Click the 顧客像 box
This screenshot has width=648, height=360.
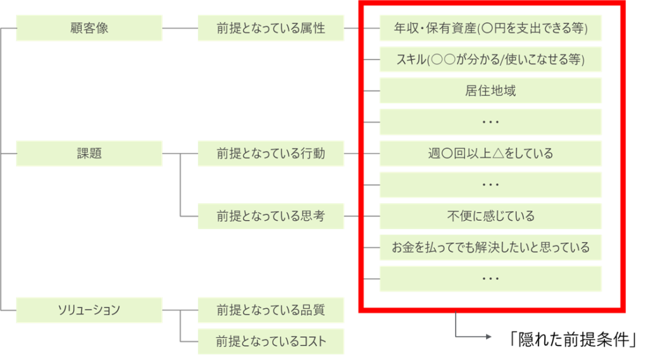click(x=89, y=28)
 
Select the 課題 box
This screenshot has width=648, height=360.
click(x=89, y=153)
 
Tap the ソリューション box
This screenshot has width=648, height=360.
click(x=89, y=310)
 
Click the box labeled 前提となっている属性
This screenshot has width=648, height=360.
click(x=271, y=28)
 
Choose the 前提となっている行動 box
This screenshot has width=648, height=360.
click(x=271, y=153)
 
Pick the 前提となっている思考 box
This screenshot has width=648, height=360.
click(x=271, y=216)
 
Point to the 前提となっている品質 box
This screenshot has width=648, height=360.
click(x=271, y=310)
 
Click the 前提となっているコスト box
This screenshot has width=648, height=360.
click(x=271, y=342)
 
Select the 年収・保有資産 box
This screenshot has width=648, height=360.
click(x=490, y=28)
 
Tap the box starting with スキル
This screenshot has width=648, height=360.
click(x=490, y=59)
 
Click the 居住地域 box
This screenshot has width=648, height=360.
click(x=490, y=90)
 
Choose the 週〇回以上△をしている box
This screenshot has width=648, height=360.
click(x=490, y=153)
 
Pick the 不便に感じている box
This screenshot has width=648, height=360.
click(x=490, y=216)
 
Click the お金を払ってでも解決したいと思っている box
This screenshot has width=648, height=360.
click(x=490, y=247)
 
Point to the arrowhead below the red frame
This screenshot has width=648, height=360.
click(x=488, y=337)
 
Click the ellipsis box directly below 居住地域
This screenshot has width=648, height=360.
click(x=490, y=121)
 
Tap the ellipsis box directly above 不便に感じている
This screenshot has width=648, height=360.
click(x=490, y=185)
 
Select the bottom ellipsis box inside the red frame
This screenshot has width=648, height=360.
click(x=490, y=278)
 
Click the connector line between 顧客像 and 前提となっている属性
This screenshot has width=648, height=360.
click(x=180, y=28)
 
